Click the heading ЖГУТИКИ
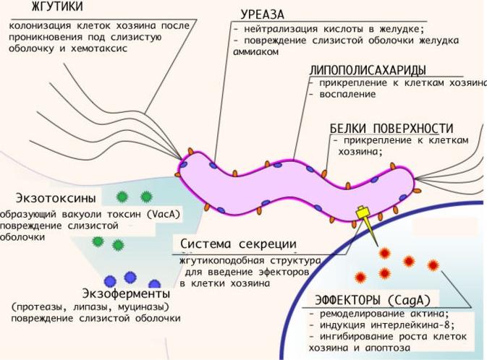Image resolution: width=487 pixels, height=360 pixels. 57,7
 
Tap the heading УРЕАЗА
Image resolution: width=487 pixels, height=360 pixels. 262,14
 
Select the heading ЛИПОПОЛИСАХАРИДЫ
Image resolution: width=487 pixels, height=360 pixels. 368,70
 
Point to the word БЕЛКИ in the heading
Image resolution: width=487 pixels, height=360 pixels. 348,128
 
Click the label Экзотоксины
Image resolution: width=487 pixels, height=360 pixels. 56,198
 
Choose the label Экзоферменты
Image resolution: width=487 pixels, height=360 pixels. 126,293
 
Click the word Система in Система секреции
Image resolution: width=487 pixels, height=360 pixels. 206,244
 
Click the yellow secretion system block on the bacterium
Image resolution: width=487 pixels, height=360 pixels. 362,213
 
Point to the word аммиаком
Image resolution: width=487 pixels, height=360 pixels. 255,52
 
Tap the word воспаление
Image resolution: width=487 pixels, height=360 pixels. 347,95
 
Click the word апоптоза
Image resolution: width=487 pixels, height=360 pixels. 388,348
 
